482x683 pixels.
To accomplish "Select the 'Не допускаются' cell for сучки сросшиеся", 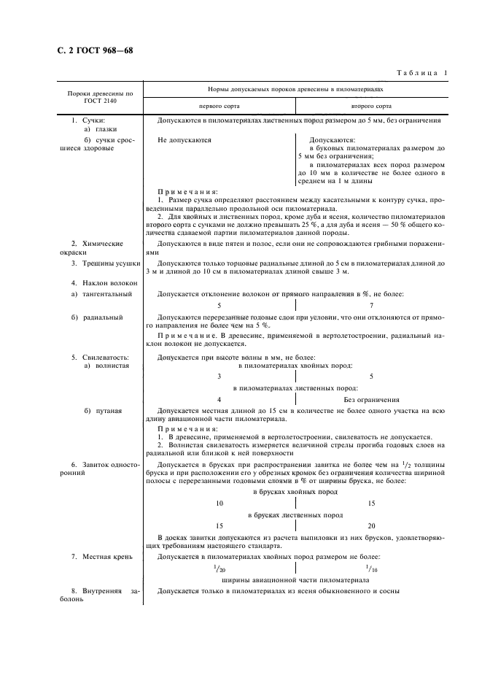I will [184, 139].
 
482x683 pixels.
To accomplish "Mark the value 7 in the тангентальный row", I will [371, 306].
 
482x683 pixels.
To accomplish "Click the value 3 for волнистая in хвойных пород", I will [219, 377].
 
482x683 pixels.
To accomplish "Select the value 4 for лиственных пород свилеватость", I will [219, 400].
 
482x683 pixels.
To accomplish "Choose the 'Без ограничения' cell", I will [371, 400].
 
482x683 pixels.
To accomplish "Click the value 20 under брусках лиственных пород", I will [371, 525].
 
